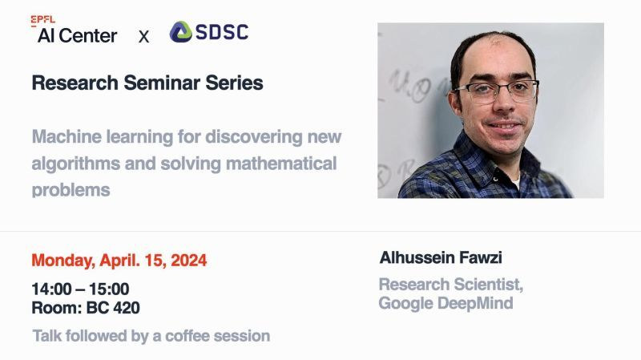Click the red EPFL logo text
click(43, 20)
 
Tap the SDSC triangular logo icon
click(180, 32)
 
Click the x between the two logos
click(143, 36)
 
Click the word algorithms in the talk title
click(75, 164)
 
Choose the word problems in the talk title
click(71, 191)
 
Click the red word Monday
click(62, 261)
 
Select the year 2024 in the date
click(187, 261)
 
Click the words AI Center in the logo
click(77, 35)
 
